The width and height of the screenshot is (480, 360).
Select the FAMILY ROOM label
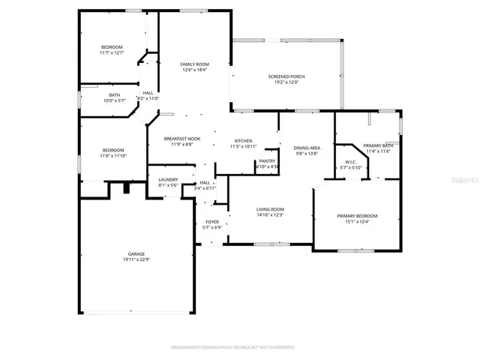click(193, 64)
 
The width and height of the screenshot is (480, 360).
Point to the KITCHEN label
click(243, 141)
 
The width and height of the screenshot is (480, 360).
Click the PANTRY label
click(267, 160)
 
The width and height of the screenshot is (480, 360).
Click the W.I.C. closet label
click(351, 162)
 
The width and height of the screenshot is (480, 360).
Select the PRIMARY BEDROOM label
click(357, 216)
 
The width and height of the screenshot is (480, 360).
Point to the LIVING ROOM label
click(270, 209)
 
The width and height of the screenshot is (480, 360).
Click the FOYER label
click(212, 223)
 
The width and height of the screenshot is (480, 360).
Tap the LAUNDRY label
click(167, 179)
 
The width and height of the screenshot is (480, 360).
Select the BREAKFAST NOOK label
click(183, 138)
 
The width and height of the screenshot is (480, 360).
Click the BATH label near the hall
click(114, 94)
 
